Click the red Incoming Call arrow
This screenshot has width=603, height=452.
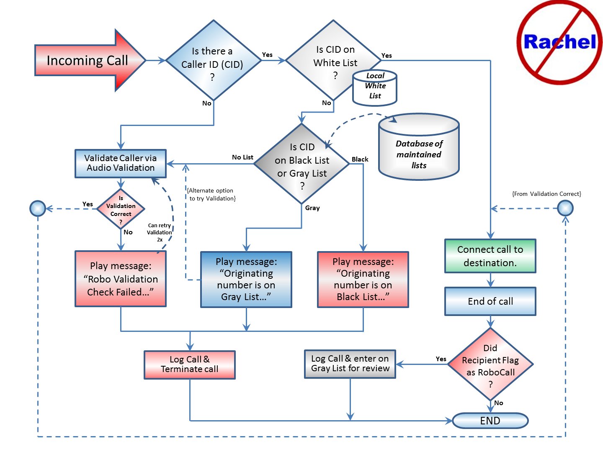point(88,61)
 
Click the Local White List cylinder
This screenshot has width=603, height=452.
point(375,88)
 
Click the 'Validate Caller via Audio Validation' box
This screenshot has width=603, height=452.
point(121,163)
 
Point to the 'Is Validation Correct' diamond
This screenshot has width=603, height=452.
point(121,208)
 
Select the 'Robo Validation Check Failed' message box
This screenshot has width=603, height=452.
point(121,279)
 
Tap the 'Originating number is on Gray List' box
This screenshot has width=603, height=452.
point(246,280)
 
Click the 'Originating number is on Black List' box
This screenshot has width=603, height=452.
point(363,280)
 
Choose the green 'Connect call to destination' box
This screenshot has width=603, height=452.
point(490,256)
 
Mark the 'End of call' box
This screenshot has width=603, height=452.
point(490,301)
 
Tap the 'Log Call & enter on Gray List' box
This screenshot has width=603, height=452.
point(350,364)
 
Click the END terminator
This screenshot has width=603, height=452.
point(490,421)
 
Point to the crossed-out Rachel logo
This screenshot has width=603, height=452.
point(559,42)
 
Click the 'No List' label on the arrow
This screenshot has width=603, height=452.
point(242,157)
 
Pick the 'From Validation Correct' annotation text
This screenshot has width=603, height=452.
point(546,194)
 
